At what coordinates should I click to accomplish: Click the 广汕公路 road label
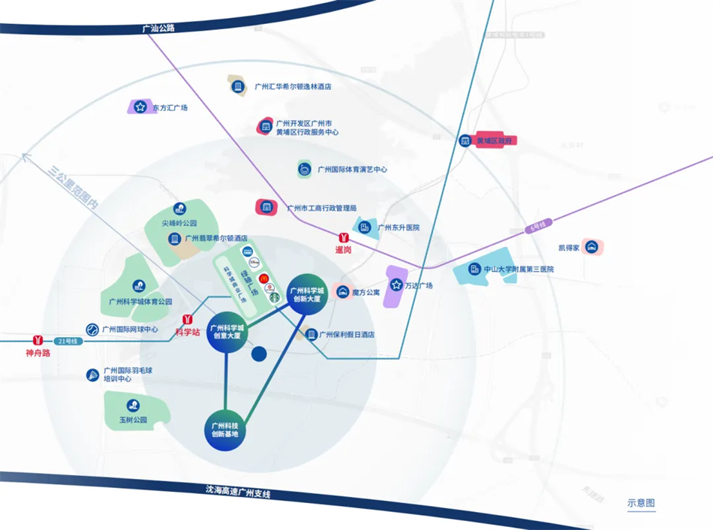[158, 29]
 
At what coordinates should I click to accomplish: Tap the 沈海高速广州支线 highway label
[237, 492]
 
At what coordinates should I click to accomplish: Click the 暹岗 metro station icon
[343, 236]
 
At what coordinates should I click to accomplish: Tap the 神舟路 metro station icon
[37, 340]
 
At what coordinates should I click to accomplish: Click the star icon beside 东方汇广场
[140, 107]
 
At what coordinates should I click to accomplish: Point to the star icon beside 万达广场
[395, 285]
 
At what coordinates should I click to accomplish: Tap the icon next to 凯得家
[591, 247]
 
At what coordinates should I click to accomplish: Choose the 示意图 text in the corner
[641, 503]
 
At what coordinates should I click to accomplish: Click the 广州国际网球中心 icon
[92, 329]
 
